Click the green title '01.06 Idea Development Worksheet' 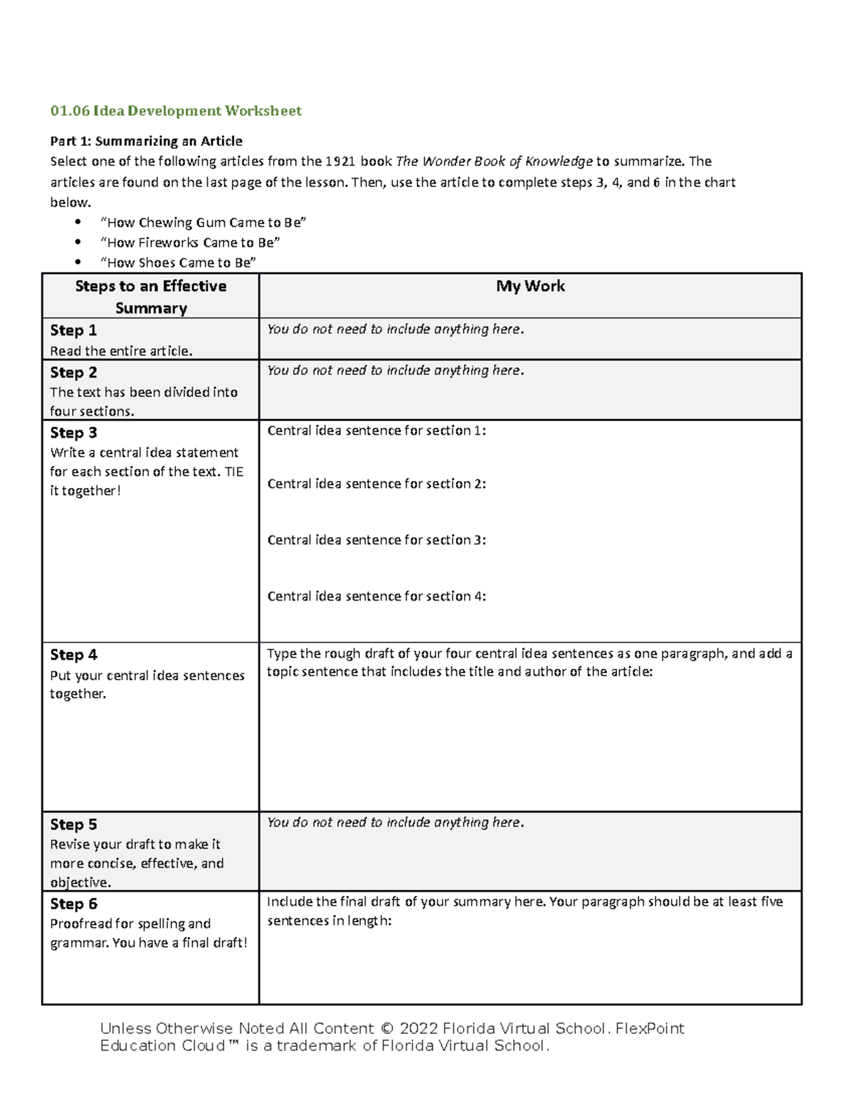pyautogui.click(x=176, y=111)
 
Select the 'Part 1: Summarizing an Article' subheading pyautogui.click(x=146, y=141)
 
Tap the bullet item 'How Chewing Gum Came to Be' pyautogui.click(x=204, y=223)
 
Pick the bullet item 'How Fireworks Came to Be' pyautogui.click(x=190, y=243)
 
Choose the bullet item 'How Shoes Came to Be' pyautogui.click(x=178, y=263)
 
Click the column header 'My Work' pyautogui.click(x=530, y=286)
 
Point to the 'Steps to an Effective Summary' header pyautogui.click(x=151, y=297)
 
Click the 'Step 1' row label pyautogui.click(x=73, y=330)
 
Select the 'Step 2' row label pyautogui.click(x=73, y=372)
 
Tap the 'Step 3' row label pyautogui.click(x=73, y=433)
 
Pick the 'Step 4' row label pyautogui.click(x=73, y=655)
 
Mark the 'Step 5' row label pyautogui.click(x=73, y=825)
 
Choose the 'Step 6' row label pyautogui.click(x=73, y=904)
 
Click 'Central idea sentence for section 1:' pyautogui.click(x=376, y=430)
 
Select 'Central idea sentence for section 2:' pyautogui.click(x=376, y=484)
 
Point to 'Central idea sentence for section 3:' pyautogui.click(x=376, y=540)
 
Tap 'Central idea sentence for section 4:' pyautogui.click(x=376, y=596)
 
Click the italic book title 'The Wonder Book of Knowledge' pyautogui.click(x=494, y=162)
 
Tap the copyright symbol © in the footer pyautogui.click(x=386, y=1029)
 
